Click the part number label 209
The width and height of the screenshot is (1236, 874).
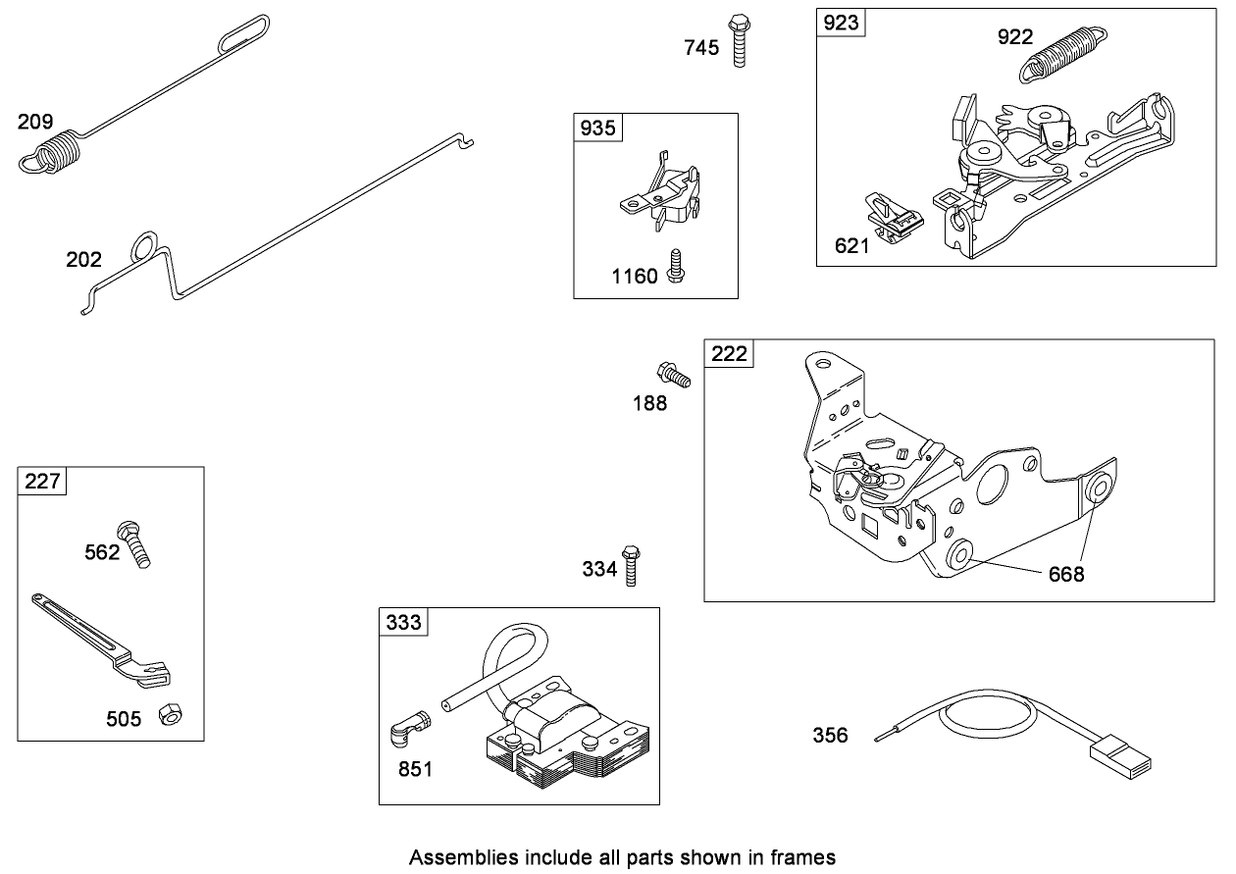point(34,123)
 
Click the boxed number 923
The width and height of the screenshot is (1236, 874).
point(841,24)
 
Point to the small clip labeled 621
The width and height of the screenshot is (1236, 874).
point(894,218)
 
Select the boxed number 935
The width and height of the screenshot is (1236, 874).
point(598,128)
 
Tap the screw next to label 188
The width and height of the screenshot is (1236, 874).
point(673,374)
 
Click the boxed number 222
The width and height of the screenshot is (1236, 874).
point(729,354)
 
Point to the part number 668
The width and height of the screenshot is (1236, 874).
point(1066,574)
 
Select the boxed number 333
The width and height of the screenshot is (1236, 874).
point(404,622)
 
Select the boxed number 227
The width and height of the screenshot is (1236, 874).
point(42,482)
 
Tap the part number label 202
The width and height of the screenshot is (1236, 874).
point(83,260)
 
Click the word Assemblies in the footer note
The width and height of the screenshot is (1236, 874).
point(456,857)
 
